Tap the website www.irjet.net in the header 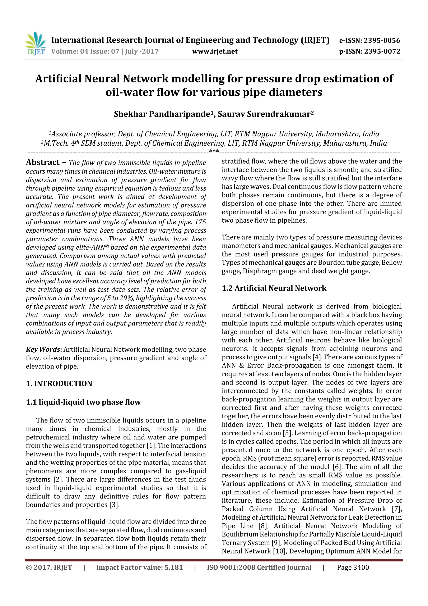pos(215,51)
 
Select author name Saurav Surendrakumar pos(265,114)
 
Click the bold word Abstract pos(43,162)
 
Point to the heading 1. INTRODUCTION pos(59,383)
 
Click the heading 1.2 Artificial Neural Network pos(274,288)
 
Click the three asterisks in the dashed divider pos(214,151)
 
